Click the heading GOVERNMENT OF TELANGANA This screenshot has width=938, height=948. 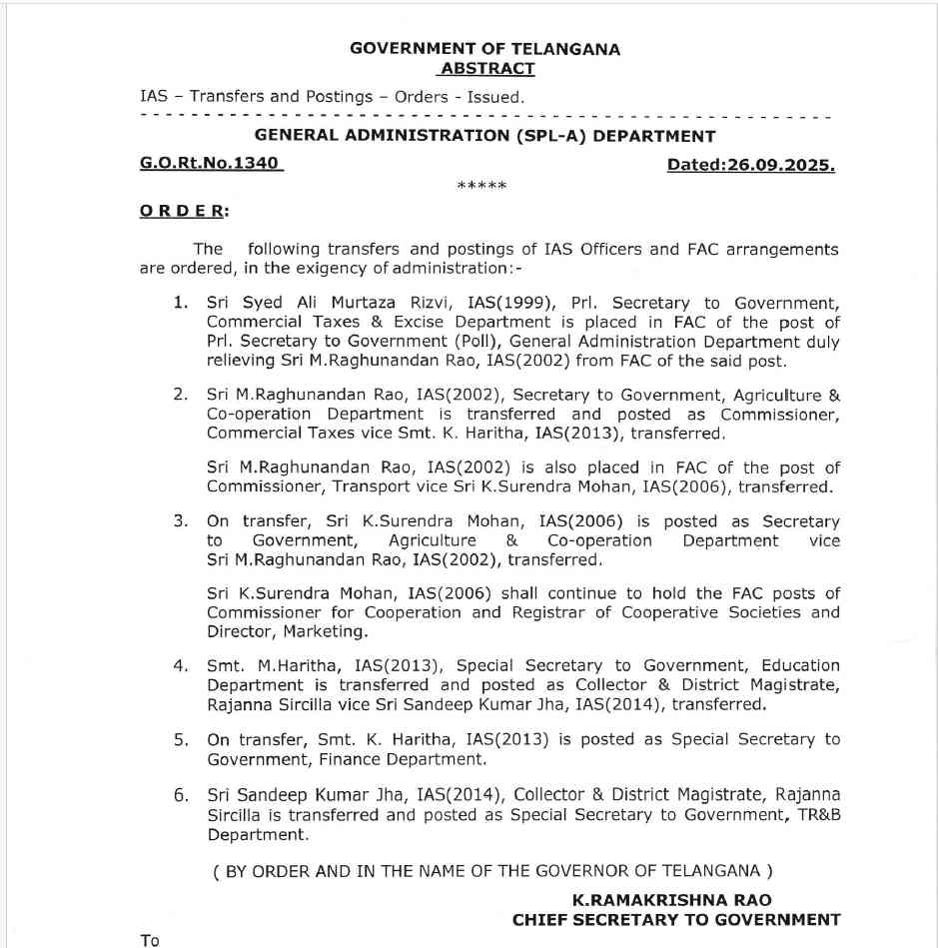click(484, 49)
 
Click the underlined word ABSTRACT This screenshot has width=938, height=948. click(486, 69)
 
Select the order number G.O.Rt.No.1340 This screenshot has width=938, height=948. click(211, 164)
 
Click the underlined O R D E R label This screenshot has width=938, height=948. click(184, 211)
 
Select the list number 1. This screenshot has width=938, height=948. click(180, 303)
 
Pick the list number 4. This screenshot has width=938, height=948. click(180, 665)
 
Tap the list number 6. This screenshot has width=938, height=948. click(180, 795)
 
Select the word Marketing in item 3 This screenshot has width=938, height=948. click(325, 632)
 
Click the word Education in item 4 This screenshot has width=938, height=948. click(800, 665)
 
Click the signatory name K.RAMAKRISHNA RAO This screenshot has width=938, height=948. click(672, 900)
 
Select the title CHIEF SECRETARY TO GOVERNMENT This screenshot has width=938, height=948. click(676, 919)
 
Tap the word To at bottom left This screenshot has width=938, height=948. click(151, 940)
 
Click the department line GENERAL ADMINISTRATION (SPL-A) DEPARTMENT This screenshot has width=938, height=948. click(485, 136)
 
